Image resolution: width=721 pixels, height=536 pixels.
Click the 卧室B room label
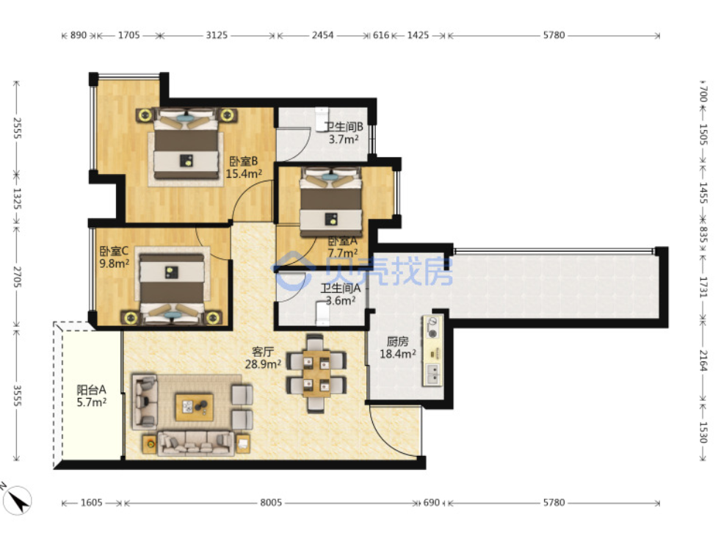click(244, 162)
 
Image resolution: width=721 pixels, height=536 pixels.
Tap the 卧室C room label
click(114, 251)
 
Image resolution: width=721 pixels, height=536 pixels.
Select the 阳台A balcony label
click(92, 390)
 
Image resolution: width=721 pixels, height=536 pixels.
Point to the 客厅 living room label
click(263, 352)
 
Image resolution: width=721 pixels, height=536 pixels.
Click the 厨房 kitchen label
click(398, 341)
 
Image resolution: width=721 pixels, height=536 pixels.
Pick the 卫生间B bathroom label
click(344, 126)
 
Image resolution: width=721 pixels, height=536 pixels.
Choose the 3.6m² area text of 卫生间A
click(341, 300)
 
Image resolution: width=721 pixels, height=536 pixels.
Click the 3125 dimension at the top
click(217, 35)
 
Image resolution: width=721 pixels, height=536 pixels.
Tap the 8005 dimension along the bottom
click(271, 502)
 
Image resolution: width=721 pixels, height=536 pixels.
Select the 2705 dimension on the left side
click(17, 277)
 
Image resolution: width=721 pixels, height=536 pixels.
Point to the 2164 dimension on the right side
click(703, 361)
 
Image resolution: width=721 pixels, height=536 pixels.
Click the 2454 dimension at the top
click(323, 35)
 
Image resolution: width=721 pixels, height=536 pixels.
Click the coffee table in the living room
click(195, 408)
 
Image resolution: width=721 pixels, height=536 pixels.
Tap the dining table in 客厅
click(316, 373)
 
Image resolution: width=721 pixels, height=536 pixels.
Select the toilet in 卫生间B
click(321, 120)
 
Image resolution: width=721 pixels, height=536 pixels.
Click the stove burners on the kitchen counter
click(432, 327)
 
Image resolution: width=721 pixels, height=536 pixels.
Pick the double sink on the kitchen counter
click(432, 374)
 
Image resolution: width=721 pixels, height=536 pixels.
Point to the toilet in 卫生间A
click(323, 313)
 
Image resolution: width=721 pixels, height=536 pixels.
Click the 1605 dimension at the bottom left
click(92, 502)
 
